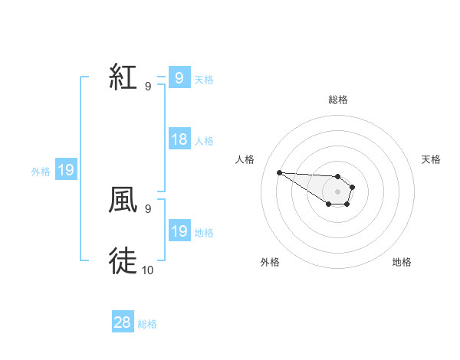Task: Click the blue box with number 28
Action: click(123, 322)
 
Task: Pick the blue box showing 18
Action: click(179, 139)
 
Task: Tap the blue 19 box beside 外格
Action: click(66, 170)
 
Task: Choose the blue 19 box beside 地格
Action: click(179, 231)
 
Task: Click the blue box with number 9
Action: click(179, 77)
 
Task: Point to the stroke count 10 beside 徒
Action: click(148, 270)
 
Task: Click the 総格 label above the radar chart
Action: click(338, 100)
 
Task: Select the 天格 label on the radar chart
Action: click(431, 159)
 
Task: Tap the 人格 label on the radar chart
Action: click(245, 159)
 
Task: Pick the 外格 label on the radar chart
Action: click(269, 262)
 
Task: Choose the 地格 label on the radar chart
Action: click(402, 262)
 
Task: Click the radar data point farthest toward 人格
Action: click(279, 172)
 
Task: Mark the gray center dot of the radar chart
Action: click(337, 191)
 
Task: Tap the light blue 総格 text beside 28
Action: click(147, 324)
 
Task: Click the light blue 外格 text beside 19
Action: click(41, 172)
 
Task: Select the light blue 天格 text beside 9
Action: click(204, 79)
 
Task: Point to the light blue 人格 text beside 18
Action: click(204, 141)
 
